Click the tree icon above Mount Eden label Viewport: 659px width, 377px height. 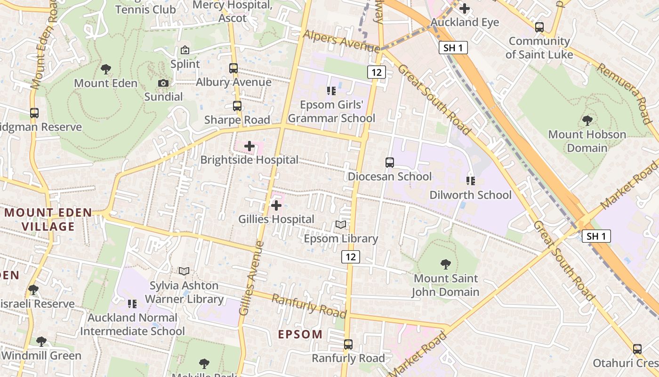(106, 69)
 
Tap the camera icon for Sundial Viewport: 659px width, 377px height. (163, 83)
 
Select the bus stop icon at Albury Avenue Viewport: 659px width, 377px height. (233, 68)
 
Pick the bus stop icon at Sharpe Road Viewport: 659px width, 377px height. (237, 106)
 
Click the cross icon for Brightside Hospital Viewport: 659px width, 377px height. (249, 146)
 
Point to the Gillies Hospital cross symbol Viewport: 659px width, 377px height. (276, 205)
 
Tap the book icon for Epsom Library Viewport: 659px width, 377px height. (341, 225)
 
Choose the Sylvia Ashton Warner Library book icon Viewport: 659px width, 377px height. (184, 271)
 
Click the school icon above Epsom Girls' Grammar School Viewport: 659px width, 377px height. (331, 90)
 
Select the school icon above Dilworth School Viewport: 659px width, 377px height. (470, 180)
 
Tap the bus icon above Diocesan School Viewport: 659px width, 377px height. (390, 163)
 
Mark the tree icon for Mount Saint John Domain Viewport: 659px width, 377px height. (445, 264)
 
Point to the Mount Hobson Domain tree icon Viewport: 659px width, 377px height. (587, 120)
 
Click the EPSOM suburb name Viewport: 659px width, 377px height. (300, 335)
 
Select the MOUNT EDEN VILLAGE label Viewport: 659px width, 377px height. (48, 220)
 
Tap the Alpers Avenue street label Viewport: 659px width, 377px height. (342, 41)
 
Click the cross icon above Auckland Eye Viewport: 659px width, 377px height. (465, 8)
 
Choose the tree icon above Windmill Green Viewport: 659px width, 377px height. (41, 341)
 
